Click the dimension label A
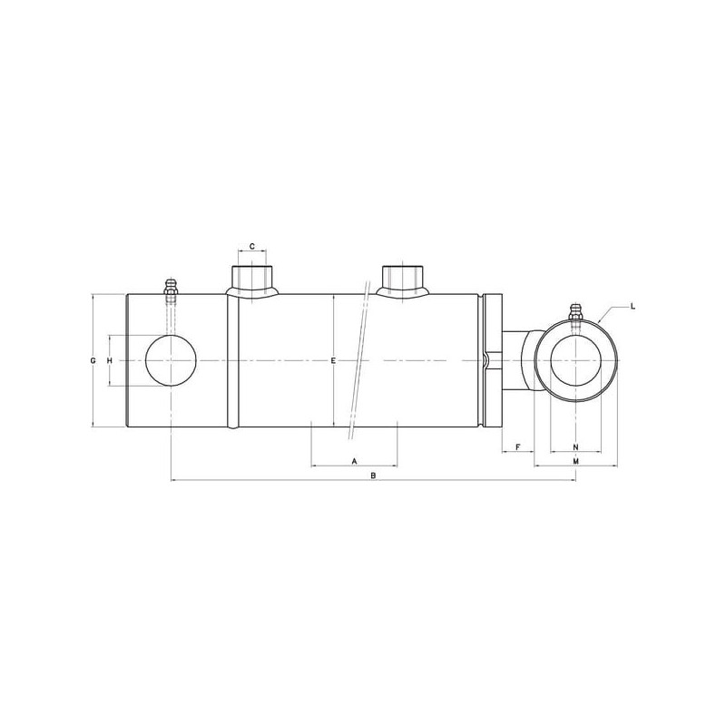pos(355,461)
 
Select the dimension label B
pos(373,476)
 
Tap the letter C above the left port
pos(252,246)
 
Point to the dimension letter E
pos(333,360)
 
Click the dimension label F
pos(518,446)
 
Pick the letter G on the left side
pos(93,360)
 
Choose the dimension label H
pos(110,360)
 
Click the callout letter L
pos(633,306)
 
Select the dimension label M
pos(576,461)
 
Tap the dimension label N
pos(576,446)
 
